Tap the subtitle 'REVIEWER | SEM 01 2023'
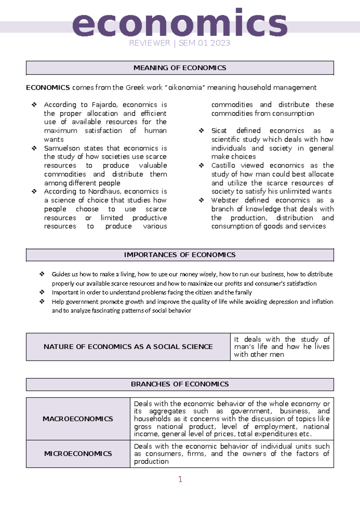(179, 43)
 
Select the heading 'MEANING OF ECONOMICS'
(180, 68)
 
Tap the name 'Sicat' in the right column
(219, 131)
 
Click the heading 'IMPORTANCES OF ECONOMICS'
(180, 255)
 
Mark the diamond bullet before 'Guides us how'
(42, 274)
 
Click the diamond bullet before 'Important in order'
(42, 292)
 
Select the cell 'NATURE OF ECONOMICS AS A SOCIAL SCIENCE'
(128, 347)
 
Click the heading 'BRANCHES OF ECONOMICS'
(180, 384)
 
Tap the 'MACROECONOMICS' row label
(78, 419)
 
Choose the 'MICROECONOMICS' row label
(78, 454)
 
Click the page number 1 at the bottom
(180, 479)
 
